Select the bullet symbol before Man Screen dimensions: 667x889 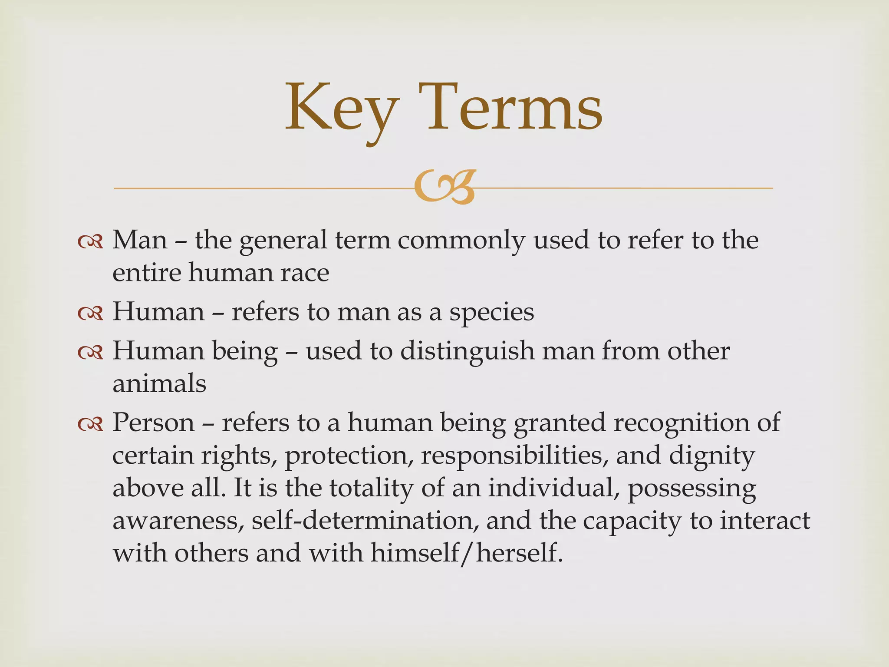point(90,241)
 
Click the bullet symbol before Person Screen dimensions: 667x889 point(90,424)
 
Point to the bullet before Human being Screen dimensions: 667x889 point(90,352)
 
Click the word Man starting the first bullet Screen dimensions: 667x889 point(140,240)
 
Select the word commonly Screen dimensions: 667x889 point(461,241)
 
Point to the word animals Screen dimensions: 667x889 point(159,384)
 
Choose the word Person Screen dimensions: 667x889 point(154,423)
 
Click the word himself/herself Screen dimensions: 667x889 point(467,554)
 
